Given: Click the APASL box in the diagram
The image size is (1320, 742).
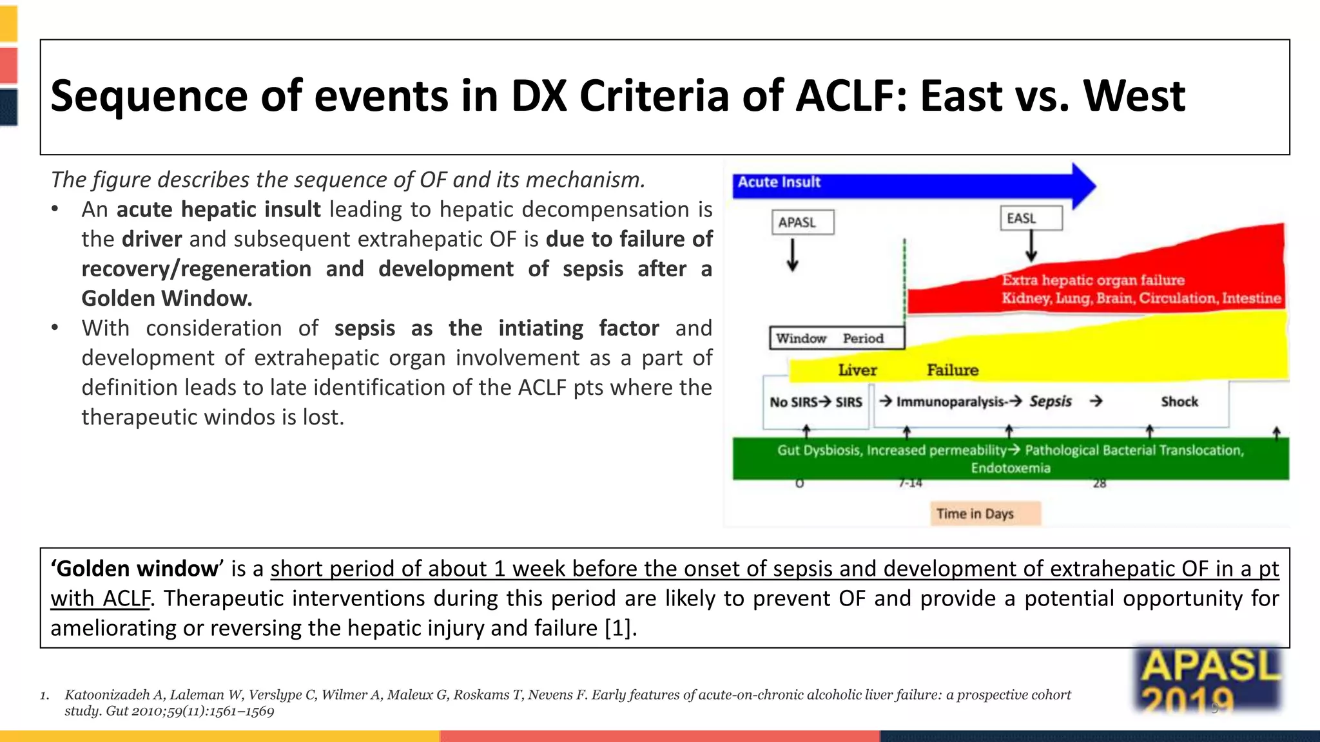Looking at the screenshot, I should click(802, 222).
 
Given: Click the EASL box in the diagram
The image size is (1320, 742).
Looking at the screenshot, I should click(1031, 218).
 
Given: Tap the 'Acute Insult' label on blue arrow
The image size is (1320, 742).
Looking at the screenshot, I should click(779, 182).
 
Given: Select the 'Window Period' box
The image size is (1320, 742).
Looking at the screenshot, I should click(836, 338).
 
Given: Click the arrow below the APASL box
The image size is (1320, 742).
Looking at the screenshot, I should click(793, 255).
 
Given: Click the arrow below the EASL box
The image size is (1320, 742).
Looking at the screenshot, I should click(1031, 246).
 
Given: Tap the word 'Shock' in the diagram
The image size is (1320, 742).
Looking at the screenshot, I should click(1179, 402).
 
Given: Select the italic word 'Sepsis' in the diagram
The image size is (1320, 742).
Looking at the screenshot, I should click(1050, 402).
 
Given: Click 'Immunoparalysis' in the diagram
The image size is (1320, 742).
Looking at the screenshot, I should click(950, 402).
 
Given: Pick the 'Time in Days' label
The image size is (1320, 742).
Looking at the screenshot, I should click(975, 514).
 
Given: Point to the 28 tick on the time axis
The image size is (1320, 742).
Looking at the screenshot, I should click(1100, 484).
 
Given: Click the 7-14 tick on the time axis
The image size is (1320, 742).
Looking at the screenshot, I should click(910, 483).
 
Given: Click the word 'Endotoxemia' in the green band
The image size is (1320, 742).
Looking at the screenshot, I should click(1010, 468).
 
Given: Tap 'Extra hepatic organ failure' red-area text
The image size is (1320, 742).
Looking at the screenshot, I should click(1092, 280).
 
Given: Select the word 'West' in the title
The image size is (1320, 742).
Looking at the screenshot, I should click(1134, 96).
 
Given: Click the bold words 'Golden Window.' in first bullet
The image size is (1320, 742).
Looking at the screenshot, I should click(166, 299).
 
